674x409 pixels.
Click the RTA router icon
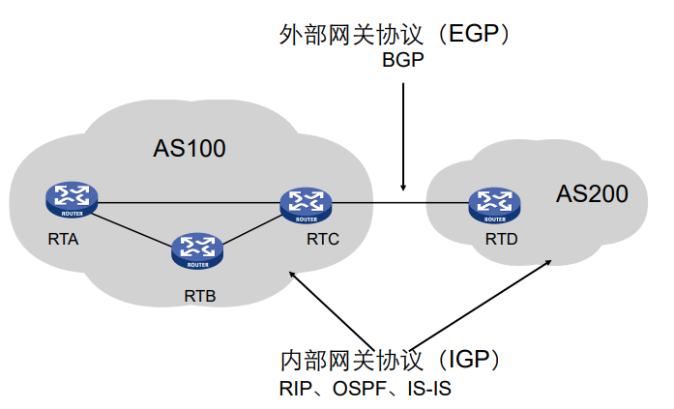tap(73, 200)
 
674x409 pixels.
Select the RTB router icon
tap(197, 249)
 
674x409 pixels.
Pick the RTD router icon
tap(493, 204)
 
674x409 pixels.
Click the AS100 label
tap(189, 149)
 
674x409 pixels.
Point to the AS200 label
tap(592, 193)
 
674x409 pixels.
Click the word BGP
tap(402, 62)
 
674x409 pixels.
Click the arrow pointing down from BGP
tap(404, 135)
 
